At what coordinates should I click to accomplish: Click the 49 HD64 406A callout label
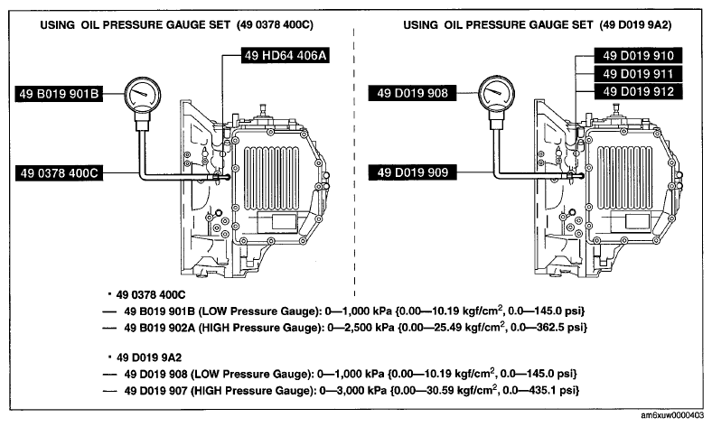point(285,55)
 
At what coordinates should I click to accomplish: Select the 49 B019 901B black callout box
point(59,94)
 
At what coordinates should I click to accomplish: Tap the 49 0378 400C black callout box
point(59,173)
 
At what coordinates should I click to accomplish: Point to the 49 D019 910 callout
point(638,55)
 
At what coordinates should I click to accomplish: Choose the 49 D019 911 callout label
point(638,73)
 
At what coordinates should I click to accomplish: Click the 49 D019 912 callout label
point(638,92)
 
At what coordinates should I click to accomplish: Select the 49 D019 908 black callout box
point(412,93)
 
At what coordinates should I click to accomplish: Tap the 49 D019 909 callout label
point(412,172)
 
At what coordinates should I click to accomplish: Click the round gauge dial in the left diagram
point(142,96)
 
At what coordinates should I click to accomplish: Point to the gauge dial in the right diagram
point(496,93)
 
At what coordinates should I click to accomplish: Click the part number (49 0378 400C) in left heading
point(275,24)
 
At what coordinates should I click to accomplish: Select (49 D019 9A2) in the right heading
point(635,24)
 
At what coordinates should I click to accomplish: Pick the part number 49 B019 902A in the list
point(159,327)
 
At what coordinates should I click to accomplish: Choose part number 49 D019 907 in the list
point(155,390)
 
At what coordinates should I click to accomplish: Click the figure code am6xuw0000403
point(673,415)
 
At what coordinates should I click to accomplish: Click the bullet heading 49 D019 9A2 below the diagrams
point(149,357)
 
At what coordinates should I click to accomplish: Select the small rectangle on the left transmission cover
point(284,223)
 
